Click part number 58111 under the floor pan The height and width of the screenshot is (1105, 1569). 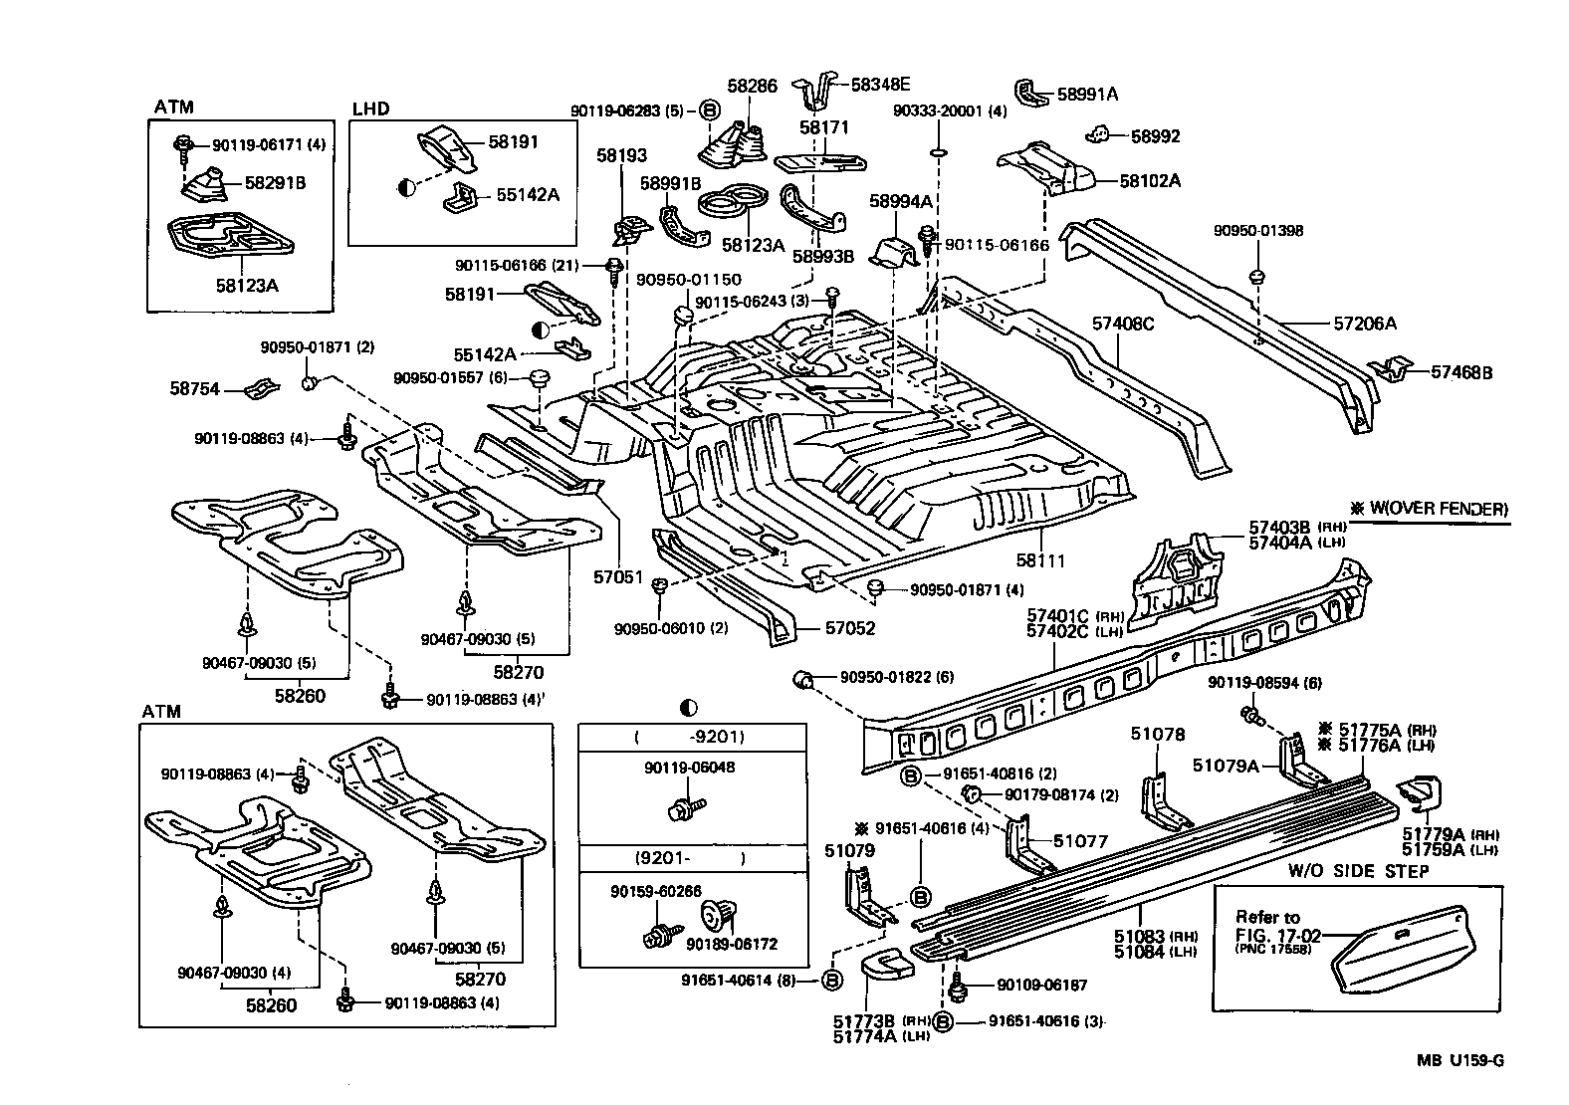coord(1040,560)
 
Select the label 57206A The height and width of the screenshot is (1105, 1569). coord(1365,324)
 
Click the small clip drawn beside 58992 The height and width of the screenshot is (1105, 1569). coord(1098,134)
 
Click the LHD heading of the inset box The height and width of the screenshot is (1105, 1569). coord(370,109)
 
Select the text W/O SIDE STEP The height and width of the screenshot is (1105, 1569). coord(1359,871)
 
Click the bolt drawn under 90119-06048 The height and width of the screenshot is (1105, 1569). coord(686,806)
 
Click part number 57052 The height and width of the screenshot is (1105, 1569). coord(849,628)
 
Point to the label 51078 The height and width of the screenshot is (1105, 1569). coord(1157,735)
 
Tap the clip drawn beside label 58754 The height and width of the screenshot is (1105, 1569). coord(262,388)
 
